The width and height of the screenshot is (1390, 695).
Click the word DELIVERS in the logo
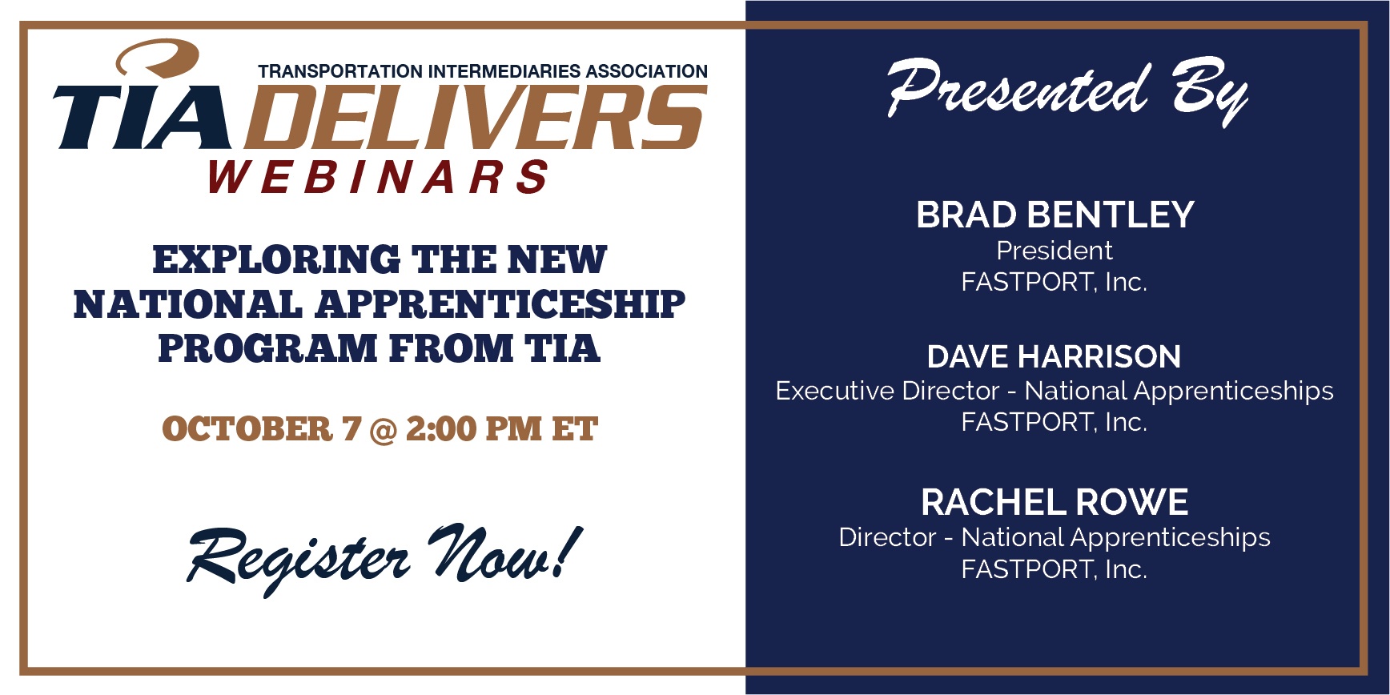point(476,117)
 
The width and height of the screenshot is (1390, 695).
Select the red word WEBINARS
point(378,176)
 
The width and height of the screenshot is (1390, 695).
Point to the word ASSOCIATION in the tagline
point(647,71)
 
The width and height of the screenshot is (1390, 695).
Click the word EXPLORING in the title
point(276,259)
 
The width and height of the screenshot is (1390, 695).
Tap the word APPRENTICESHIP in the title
point(500,304)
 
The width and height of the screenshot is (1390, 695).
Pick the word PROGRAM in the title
point(267,348)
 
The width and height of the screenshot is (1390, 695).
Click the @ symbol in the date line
point(384,430)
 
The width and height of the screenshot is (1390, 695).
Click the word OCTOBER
point(247,429)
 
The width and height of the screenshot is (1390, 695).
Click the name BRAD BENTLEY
point(1055,215)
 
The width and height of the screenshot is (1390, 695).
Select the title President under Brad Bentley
point(1055,251)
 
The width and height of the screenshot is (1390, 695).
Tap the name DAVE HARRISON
point(1055,356)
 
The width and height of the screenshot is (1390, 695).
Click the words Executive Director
point(888,391)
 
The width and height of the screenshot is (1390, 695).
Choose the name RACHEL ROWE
point(1055,503)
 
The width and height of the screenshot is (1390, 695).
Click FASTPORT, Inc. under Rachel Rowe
point(1055,569)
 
